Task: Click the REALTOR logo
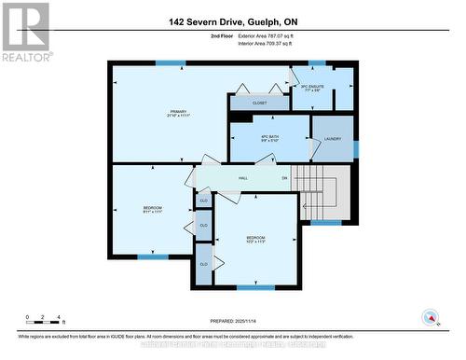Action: click(x=25, y=32)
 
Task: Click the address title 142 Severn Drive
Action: click(x=233, y=21)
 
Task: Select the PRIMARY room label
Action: click(x=167, y=115)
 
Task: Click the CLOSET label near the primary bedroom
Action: click(x=259, y=103)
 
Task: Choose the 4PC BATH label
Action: click(x=268, y=142)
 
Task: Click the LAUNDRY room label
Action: click(x=333, y=139)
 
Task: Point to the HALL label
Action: click(x=242, y=177)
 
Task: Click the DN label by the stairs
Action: click(x=285, y=177)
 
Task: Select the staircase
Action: click(x=326, y=193)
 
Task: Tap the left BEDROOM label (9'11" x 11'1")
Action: click(x=153, y=209)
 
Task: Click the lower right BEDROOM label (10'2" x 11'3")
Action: click(x=255, y=240)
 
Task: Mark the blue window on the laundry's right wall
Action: click(x=355, y=148)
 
